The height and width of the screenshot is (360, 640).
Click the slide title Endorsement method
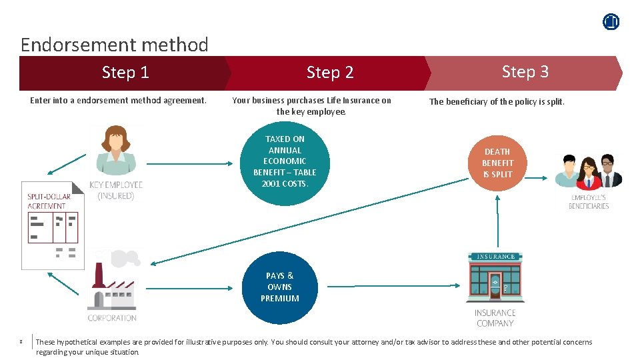114,45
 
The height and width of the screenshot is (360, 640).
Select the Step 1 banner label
125,72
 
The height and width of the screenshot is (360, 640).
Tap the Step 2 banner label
330,72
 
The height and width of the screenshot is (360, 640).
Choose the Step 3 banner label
525,71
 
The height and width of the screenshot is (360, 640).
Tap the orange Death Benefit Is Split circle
498,163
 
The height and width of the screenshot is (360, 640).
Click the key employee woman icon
115,151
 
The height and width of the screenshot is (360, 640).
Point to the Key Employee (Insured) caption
116,190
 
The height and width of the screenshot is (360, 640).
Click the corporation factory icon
113,283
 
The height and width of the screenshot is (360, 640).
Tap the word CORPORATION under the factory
112,318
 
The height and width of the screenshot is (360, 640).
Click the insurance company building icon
495,279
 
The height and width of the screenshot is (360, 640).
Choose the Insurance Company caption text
495,318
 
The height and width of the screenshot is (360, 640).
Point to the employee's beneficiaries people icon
589,172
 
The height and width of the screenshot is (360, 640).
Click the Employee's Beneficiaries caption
589,202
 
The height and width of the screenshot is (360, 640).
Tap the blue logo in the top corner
611,22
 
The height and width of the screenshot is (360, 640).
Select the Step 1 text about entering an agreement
119,101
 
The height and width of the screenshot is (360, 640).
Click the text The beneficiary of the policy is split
497,102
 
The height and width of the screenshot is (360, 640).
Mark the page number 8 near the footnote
21,342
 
